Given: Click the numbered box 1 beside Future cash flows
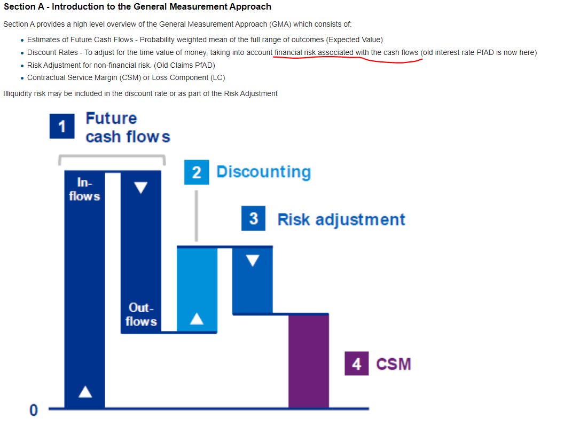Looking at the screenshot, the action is [62, 126].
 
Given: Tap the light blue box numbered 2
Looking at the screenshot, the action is [197, 172].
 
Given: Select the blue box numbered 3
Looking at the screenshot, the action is [253, 218].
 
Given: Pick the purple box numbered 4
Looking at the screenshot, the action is [356, 363].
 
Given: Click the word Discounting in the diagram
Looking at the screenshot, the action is [264, 172].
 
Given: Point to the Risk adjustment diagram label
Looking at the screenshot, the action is [341, 219].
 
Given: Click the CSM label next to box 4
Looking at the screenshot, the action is [394, 364].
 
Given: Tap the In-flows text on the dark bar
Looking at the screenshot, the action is [84, 189].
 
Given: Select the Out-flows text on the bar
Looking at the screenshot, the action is [141, 314].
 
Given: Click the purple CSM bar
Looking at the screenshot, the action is [309, 361].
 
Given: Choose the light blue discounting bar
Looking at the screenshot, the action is [197, 290].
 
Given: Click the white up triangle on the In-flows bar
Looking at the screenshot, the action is [85, 391].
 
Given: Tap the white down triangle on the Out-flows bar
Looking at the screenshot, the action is [140, 187].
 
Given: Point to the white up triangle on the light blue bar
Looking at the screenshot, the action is [197, 319].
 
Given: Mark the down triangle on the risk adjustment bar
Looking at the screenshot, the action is [253, 260].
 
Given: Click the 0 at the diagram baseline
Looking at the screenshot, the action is [34, 410].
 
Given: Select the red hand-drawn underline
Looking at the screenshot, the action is [348, 59].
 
